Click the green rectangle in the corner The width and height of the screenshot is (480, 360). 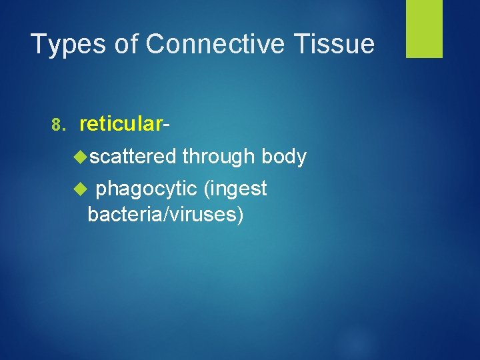click(x=424, y=29)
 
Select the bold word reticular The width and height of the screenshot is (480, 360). click(x=120, y=124)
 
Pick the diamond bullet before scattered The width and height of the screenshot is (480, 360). click(x=83, y=157)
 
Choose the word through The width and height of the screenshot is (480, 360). click(x=219, y=157)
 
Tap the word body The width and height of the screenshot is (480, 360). click(x=284, y=157)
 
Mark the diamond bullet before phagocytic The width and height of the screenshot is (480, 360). click(x=83, y=189)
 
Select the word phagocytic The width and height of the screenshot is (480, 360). click(x=147, y=189)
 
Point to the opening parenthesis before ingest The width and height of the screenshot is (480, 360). click(x=207, y=189)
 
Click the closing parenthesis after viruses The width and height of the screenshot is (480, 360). click(x=239, y=215)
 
